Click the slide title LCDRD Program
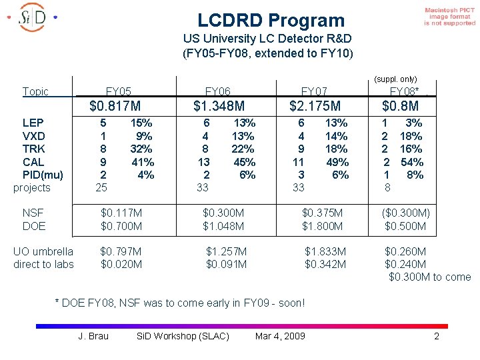tap(271, 21)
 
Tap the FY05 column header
tap(119, 91)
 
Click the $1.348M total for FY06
tap(219, 106)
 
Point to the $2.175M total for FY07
tap(315, 106)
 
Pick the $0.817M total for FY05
tap(115, 106)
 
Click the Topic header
tap(35, 91)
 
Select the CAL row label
tap(33, 162)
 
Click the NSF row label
tap(33, 213)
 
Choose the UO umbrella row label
tap(43, 251)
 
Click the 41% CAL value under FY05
tap(143, 162)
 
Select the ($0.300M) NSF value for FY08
tap(405, 213)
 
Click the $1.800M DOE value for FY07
tap(323, 226)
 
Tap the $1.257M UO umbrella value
tap(226, 251)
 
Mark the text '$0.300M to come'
tap(429, 277)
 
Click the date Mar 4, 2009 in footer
tap(280, 335)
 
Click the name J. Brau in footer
tap(93, 335)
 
